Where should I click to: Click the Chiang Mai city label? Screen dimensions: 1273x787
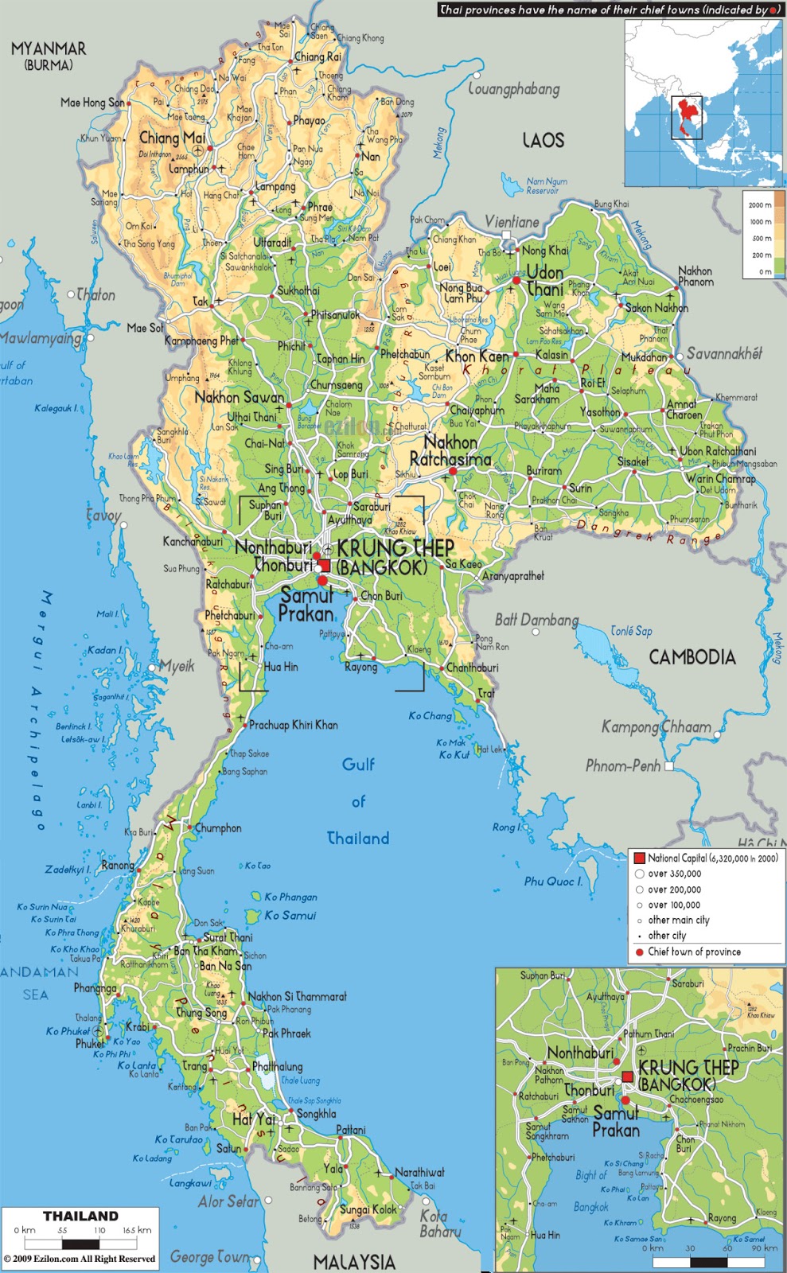(x=173, y=137)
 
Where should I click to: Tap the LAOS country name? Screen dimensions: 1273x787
(x=543, y=140)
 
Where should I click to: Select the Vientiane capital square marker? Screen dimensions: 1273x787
(x=507, y=236)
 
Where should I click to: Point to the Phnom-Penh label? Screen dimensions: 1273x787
(x=623, y=766)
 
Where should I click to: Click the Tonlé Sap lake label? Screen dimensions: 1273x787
(x=631, y=631)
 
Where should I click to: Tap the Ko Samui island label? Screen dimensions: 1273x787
(x=290, y=916)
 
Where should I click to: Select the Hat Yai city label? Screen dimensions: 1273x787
(x=253, y=1119)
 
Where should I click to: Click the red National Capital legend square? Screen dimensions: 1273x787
(x=639, y=858)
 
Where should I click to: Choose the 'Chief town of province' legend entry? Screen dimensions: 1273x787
(x=694, y=952)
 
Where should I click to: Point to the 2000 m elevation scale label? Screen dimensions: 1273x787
(x=759, y=205)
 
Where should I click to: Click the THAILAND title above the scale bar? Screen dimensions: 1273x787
(x=80, y=1216)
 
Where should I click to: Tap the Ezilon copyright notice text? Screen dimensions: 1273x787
(x=80, y=1259)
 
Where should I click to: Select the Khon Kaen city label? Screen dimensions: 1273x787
(x=477, y=356)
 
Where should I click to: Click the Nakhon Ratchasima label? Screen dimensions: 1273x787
(x=450, y=451)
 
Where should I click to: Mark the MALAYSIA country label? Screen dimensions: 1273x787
(x=354, y=1261)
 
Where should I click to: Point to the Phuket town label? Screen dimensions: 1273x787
(x=89, y=1044)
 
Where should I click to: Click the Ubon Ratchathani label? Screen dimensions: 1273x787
(x=718, y=451)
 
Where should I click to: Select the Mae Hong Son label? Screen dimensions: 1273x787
(x=92, y=103)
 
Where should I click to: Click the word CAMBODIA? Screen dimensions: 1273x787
(x=692, y=657)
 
